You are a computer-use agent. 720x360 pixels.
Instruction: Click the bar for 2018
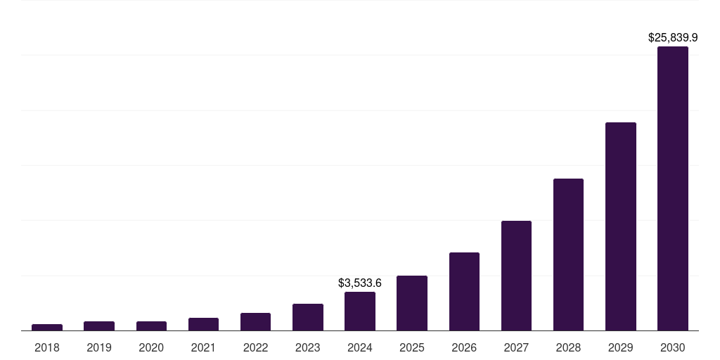47,327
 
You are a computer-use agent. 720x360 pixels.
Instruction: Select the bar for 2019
99,326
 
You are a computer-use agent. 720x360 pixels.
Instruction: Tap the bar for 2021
203,324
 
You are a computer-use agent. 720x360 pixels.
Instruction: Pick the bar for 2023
308,317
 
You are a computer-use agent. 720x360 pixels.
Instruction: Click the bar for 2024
360,311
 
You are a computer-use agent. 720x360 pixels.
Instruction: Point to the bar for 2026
464,291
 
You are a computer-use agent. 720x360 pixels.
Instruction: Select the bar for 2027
516,276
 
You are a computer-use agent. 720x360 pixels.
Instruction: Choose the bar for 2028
568,255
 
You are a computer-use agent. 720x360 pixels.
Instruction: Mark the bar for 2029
621,226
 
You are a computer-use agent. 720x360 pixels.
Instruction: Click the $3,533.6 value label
360,283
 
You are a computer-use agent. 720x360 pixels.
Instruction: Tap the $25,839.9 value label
673,37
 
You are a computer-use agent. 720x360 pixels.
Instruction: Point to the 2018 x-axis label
47,347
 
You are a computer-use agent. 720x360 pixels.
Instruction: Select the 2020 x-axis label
151,347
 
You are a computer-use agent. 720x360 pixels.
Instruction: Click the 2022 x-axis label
255,347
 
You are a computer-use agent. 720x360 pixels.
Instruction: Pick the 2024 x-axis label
360,347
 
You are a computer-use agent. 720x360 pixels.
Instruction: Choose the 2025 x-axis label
412,347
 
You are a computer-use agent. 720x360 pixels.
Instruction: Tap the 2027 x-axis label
516,347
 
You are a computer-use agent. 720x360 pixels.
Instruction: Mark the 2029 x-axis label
621,347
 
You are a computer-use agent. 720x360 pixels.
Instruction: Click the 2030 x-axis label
673,347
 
